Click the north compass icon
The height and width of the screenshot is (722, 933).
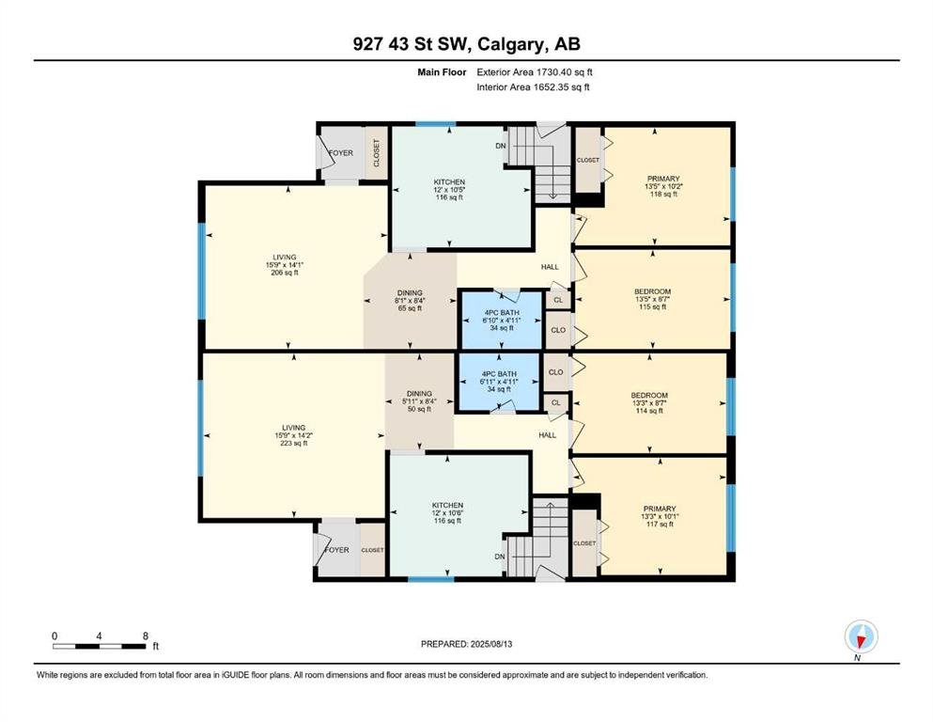pyautogui.click(x=861, y=636)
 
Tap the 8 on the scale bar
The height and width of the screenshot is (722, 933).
pyautogui.click(x=146, y=636)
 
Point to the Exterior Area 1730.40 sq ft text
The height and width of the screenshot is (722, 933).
pyautogui.click(x=535, y=72)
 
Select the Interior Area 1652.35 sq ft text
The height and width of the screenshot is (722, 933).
pyautogui.click(x=533, y=86)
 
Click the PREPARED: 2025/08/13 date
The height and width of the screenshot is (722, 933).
pyautogui.click(x=466, y=644)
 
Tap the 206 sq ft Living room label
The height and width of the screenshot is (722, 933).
pyautogui.click(x=285, y=265)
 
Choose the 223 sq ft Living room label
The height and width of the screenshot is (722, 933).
pyautogui.click(x=293, y=435)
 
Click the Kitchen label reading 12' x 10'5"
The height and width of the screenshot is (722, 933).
pyautogui.click(x=449, y=189)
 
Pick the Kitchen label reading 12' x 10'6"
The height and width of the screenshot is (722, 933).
pyautogui.click(x=447, y=512)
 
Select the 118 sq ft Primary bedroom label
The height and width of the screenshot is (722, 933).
pyautogui.click(x=663, y=186)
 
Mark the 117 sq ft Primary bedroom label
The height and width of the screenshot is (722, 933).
pyautogui.click(x=660, y=516)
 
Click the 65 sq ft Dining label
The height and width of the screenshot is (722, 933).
pyautogui.click(x=410, y=301)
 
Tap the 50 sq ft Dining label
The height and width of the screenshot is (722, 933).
pyautogui.click(x=419, y=401)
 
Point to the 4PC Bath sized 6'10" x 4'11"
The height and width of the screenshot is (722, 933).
pyautogui.click(x=501, y=321)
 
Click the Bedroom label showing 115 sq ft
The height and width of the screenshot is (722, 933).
pyautogui.click(x=652, y=299)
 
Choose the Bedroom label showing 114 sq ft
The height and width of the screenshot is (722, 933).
pyautogui.click(x=649, y=402)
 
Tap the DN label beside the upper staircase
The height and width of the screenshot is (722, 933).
pyautogui.click(x=501, y=146)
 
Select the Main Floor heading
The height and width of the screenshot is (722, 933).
pyautogui.click(x=442, y=72)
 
